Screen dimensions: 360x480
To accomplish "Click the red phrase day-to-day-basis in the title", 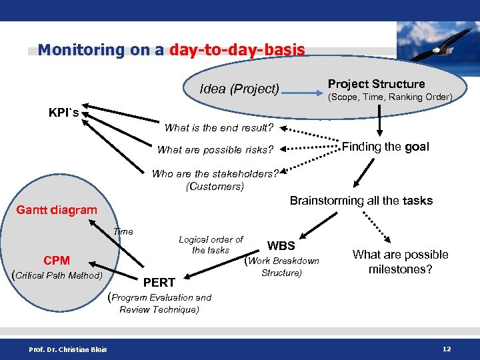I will tap(237, 50).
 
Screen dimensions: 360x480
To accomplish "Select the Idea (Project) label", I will tap(239, 89).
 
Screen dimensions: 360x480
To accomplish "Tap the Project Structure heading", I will tap(376, 84).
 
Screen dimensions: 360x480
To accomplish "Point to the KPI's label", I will tap(63, 113).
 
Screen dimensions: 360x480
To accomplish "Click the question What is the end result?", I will tap(219, 127).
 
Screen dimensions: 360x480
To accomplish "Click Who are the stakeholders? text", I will tap(215, 174).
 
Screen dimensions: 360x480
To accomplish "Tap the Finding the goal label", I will tap(385, 147).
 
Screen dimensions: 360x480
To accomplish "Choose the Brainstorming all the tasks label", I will tap(361, 201).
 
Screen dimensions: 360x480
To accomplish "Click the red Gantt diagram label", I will tap(57, 210).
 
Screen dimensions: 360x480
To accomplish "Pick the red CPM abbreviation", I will tap(57, 261).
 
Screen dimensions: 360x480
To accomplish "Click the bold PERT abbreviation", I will tap(161, 283).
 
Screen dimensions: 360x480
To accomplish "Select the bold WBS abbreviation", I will tap(281, 246).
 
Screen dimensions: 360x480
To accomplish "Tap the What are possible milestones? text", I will tap(400, 262).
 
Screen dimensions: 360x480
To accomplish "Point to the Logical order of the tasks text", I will tap(211, 245).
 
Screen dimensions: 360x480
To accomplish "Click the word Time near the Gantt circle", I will tap(123, 232).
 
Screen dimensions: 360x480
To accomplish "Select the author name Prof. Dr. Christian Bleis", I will tap(67, 350).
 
